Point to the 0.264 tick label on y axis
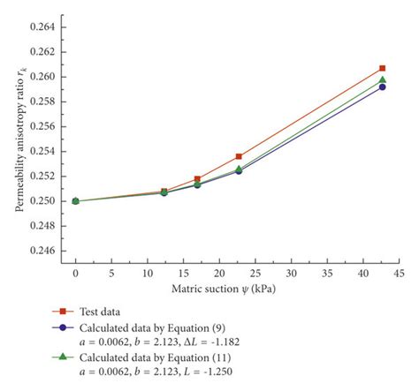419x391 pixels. (42, 27)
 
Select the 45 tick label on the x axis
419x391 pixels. (399, 274)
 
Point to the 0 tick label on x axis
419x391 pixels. (75, 274)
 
